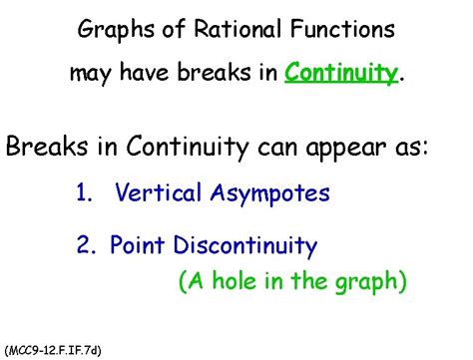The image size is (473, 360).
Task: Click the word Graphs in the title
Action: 113,29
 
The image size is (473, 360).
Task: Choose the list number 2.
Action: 85,244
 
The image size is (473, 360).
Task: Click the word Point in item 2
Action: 136,244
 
